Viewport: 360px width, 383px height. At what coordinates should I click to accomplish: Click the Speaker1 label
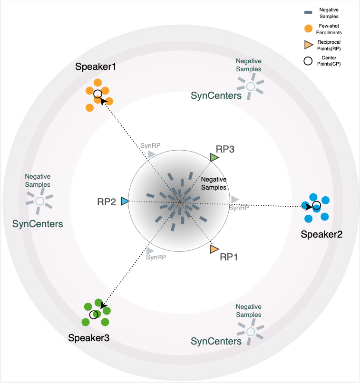[x=96, y=67]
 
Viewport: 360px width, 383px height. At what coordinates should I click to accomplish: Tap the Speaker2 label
[x=321, y=234]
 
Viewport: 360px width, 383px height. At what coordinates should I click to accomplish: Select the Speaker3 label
[x=89, y=338]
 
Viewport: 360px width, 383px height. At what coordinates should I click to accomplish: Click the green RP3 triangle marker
[x=214, y=157]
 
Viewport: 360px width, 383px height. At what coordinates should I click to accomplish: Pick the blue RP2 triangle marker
[x=125, y=201]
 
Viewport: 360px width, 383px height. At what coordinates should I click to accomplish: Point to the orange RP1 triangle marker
[x=214, y=248]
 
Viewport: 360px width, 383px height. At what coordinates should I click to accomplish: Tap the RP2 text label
[x=107, y=202]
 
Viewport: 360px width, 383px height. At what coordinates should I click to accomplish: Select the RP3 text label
[x=225, y=148]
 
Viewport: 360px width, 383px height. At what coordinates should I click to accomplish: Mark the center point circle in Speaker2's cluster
[x=316, y=206]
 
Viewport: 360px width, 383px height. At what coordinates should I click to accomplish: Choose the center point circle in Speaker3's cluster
[x=94, y=314]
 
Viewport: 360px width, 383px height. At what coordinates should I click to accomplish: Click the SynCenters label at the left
[x=38, y=223]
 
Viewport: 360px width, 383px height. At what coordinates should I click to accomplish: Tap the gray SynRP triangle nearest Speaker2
[x=235, y=200]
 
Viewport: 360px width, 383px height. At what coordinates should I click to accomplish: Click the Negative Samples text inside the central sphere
[x=214, y=183]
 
